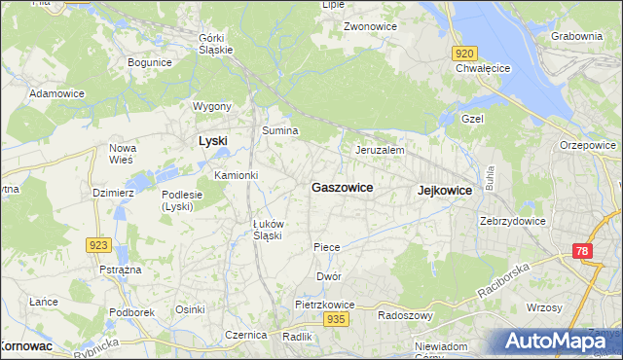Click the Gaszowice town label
click(341, 187)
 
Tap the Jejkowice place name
click(444, 191)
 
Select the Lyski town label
click(212, 140)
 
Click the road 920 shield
click(464, 54)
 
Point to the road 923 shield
click(97, 245)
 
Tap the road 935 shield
click(336, 319)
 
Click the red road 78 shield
click(581, 251)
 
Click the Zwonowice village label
click(370, 26)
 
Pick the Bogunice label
click(150, 62)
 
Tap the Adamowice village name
click(55, 93)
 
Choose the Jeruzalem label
click(380, 151)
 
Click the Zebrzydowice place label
click(512, 221)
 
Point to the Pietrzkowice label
click(325, 305)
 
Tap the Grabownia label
click(576, 36)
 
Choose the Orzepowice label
click(588, 145)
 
